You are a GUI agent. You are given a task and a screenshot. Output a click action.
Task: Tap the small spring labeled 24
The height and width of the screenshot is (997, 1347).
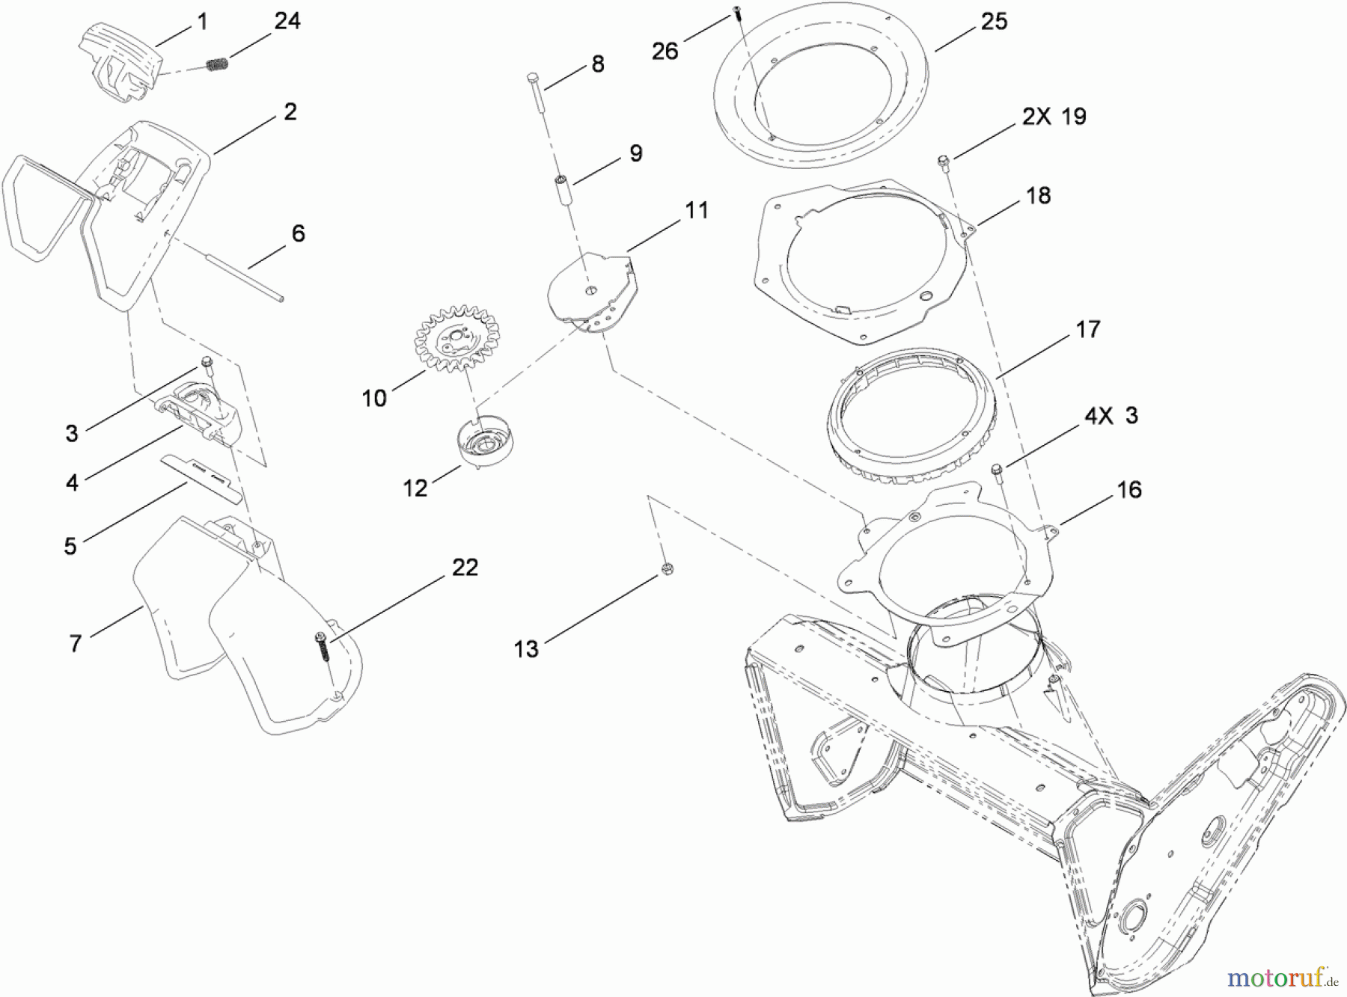tap(217, 65)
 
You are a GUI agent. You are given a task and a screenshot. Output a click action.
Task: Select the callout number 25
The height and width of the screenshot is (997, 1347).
tap(994, 22)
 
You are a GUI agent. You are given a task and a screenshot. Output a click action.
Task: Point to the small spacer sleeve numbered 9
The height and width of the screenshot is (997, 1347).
tap(561, 183)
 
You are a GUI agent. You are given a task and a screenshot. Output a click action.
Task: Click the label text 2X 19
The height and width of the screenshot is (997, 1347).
tap(1054, 117)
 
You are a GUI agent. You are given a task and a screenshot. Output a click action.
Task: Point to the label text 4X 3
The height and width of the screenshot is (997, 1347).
tap(1111, 415)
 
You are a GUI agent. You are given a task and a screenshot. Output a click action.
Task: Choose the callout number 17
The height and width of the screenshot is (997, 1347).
tap(1087, 329)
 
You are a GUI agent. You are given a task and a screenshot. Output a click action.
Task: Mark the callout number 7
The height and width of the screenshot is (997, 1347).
tap(75, 642)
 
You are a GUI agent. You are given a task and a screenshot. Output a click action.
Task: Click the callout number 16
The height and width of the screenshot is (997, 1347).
tap(1128, 490)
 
